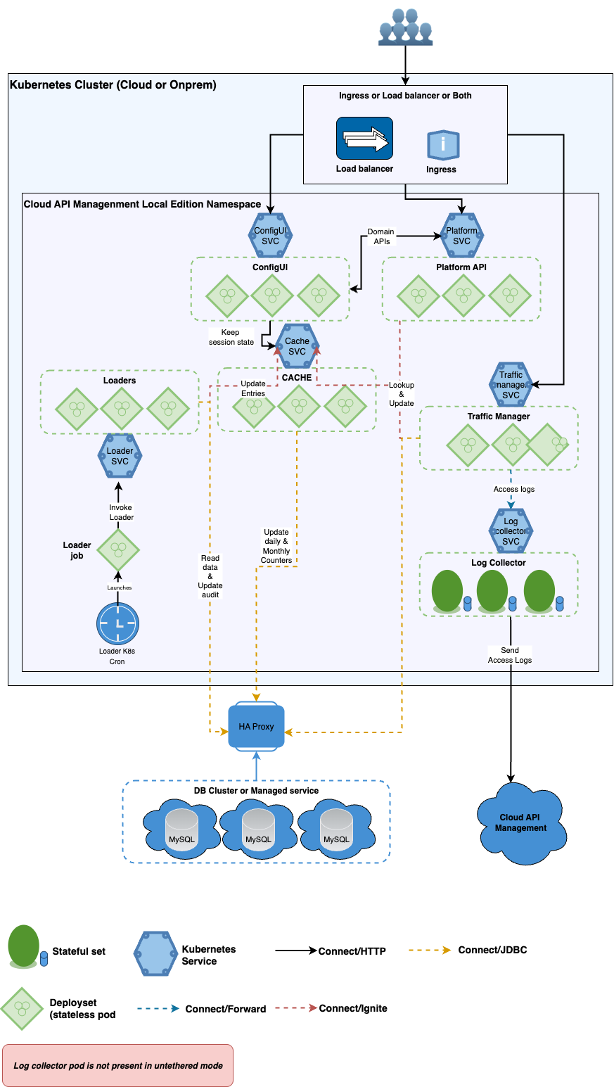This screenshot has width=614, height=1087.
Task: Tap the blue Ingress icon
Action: click(443, 146)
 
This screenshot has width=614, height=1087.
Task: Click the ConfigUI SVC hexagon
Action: click(271, 236)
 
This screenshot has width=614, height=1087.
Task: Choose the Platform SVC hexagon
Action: click(461, 236)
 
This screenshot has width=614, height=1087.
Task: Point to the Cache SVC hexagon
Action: click(297, 346)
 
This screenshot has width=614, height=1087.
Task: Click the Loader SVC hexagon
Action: click(120, 456)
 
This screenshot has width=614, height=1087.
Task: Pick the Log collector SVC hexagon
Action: click(511, 531)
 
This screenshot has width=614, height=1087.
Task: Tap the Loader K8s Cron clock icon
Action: click(117, 624)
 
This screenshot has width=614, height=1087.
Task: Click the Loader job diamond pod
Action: click(117, 550)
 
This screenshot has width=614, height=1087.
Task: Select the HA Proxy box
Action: click(256, 727)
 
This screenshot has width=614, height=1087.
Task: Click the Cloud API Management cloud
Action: click(520, 823)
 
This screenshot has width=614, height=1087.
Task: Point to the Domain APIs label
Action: click(380, 236)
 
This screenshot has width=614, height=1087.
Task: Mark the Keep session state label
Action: click(231, 337)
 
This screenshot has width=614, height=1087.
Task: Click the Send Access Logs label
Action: click(510, 655)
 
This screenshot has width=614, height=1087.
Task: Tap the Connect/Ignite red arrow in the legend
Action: click(295, 1008)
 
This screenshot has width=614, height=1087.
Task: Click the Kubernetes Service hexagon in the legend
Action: click(155, 955)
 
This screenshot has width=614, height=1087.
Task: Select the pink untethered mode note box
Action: click(117, 1065)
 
